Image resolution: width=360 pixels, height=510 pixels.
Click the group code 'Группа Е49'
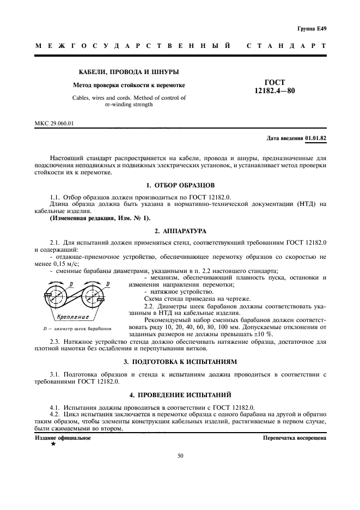click(x=312, y=28)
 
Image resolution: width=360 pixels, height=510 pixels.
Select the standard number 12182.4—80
click(x=275, y=91)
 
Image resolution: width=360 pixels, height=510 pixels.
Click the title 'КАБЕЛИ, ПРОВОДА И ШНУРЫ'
click(x=130, y=72)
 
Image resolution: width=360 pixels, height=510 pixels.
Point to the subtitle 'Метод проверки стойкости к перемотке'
click(x=130, y=86)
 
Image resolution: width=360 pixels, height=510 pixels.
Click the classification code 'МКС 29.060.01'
click(x=54, y=123)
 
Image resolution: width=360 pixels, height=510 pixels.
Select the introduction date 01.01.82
click(x=316, y=138)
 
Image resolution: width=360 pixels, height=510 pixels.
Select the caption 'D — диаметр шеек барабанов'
click(x=77, y=329)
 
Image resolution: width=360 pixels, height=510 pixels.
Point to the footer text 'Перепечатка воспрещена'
click(x=295, y=438)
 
